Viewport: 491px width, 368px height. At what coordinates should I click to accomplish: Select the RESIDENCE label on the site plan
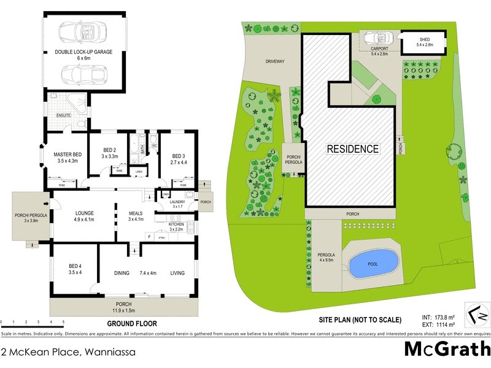(352, 149)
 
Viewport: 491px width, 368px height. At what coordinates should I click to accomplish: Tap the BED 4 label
(76, 269)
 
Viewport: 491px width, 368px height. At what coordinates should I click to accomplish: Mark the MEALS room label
(135, 213)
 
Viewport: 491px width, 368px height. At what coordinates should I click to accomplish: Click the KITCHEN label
(176, 225)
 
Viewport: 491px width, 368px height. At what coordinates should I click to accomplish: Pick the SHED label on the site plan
(425, 41)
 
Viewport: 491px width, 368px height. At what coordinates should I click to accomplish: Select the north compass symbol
(476, 313)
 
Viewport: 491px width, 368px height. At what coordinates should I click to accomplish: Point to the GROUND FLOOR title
(132, 323)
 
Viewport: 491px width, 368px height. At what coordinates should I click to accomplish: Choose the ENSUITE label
(64, 115)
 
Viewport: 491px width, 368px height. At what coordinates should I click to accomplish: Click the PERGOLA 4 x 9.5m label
(326, 256)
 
